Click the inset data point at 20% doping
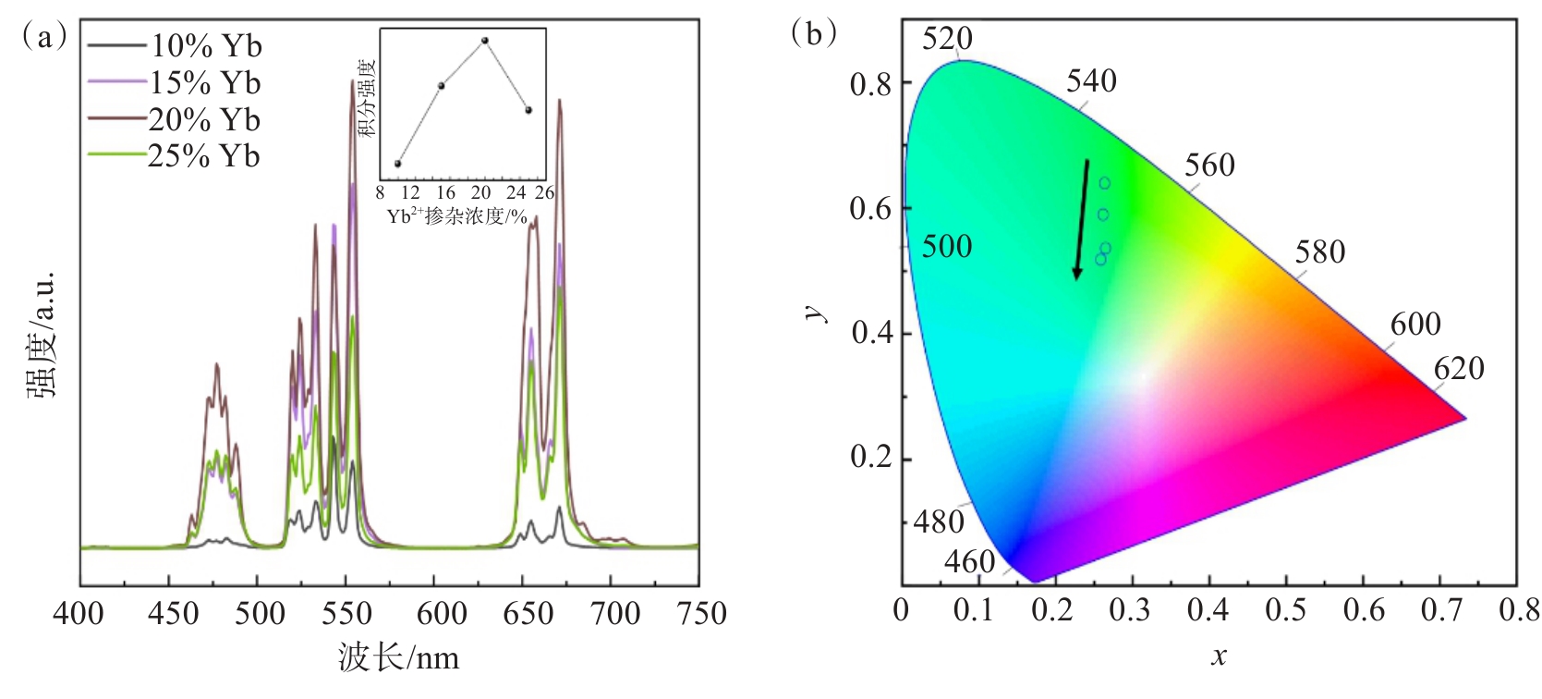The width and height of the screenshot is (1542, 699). pos(485,41)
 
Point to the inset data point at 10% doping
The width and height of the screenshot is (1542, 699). pos(398,164)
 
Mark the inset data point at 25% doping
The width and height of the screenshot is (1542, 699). pos(528,110)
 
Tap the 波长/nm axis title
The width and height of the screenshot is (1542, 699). pos(398,658)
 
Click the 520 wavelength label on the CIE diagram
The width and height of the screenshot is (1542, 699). pos(947,39)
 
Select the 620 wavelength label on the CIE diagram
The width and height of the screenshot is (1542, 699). pos(1459,369)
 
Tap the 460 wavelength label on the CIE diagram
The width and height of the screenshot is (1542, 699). pos(969,562)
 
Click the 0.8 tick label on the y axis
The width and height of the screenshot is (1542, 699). pos(870,84)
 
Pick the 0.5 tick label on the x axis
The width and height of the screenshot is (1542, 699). pos(1286,610)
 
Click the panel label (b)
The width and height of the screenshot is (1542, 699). pos(814,34)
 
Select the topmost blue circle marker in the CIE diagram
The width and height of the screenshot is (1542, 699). pos(1104,183)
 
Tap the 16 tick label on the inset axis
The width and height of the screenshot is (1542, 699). pos(445,193)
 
